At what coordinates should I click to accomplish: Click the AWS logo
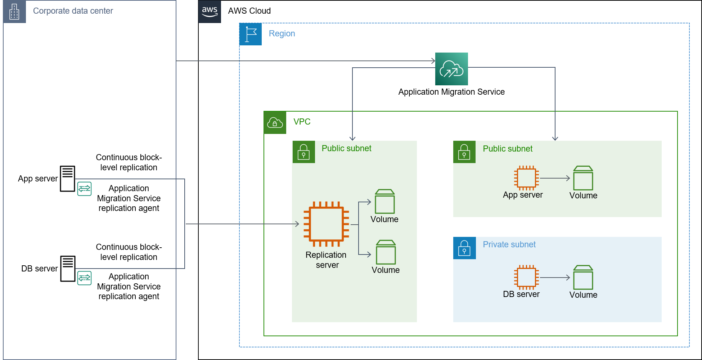point(210,12)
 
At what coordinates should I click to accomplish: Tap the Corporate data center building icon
point(14,12)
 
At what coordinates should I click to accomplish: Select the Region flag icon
point(251,34)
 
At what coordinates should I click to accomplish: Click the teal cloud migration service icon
point(451,69)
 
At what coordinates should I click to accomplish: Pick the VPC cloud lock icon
point(275,123)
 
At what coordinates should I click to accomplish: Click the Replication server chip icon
point(326,224)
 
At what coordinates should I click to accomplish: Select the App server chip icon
point(526,178)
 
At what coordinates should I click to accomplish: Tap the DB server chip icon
point(526,277)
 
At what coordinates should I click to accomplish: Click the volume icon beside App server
point(583,178)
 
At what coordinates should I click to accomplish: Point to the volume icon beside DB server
point(583,278)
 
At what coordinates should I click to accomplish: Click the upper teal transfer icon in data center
point(85,189)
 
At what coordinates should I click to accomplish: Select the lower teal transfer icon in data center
point(85,278)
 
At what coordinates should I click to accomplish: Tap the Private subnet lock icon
point(464,248)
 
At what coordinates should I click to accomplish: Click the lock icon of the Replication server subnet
point(303,152)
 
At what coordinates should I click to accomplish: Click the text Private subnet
point(509,244)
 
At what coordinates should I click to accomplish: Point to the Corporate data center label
point(73,11)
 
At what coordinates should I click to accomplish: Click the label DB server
point(521,294)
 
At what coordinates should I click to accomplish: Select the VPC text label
point(302,122)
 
